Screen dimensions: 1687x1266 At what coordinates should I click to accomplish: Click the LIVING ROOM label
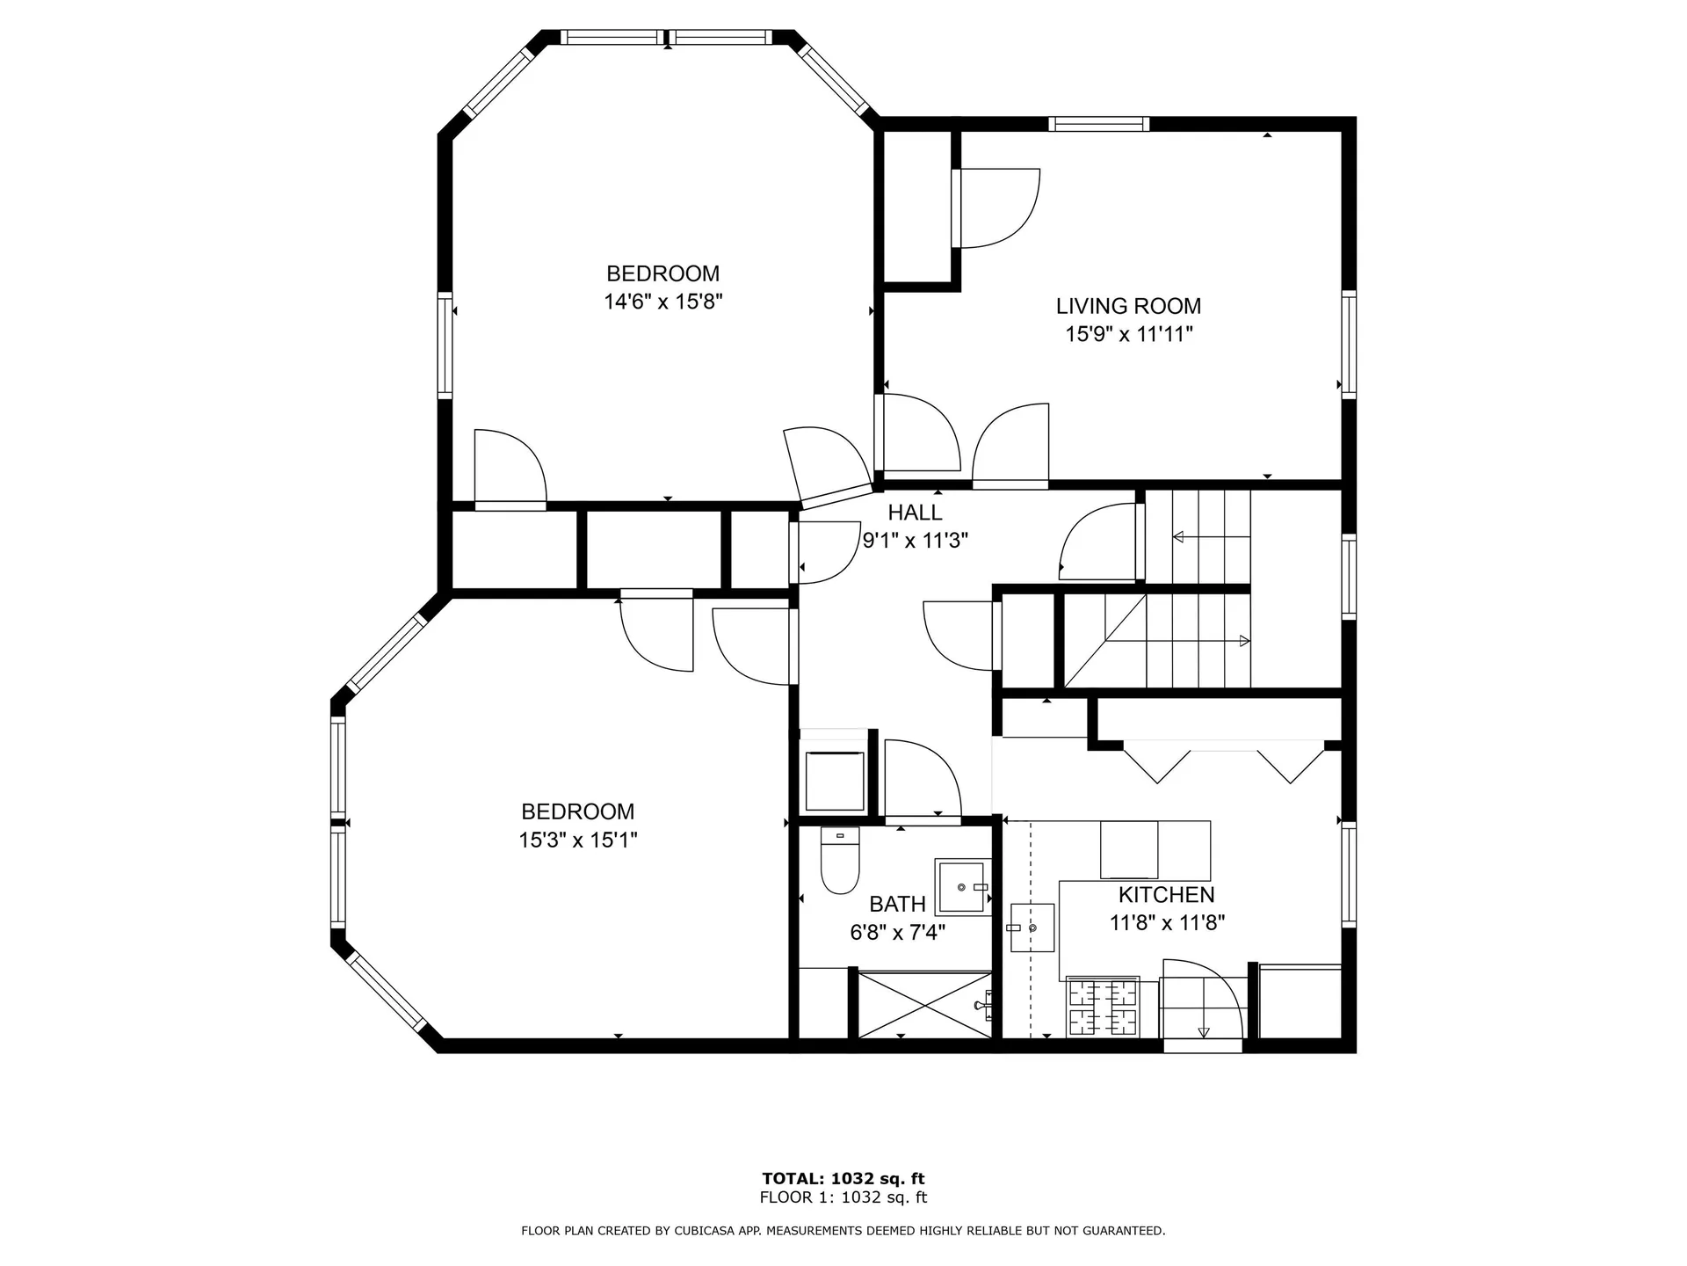pos(1128,306)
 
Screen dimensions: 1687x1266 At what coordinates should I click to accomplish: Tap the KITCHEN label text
pos(1166,895)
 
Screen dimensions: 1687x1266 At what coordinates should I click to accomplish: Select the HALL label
pos(915,513)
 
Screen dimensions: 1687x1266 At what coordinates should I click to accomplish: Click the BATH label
pos(897,904)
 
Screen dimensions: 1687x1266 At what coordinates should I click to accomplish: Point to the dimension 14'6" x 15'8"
pos(662,302)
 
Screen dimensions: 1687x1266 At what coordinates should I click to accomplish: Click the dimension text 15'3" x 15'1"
pos(577,840)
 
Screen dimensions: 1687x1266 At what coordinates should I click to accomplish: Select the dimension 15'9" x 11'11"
pos(1129,334)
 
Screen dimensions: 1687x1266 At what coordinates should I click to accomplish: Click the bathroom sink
pos(963,887)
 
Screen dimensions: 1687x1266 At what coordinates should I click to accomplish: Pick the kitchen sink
pos(1032,928)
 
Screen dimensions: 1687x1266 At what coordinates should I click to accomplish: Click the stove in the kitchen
pos(1103,1007)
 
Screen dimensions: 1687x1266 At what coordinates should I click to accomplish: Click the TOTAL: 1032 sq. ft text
pos(843,1179)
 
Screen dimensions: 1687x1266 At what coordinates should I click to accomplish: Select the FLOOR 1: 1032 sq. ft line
pos(843,1197)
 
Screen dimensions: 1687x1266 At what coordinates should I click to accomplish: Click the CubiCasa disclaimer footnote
pos(843,1231)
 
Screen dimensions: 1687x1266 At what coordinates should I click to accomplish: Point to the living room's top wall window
pos(1098,124)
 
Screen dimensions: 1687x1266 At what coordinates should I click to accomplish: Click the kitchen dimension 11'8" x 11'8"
pos(1167,923)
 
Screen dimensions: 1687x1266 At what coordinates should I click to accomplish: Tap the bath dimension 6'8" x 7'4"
pos(897,932)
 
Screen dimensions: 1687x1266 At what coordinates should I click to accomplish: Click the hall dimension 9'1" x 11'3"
pos(915,541)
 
